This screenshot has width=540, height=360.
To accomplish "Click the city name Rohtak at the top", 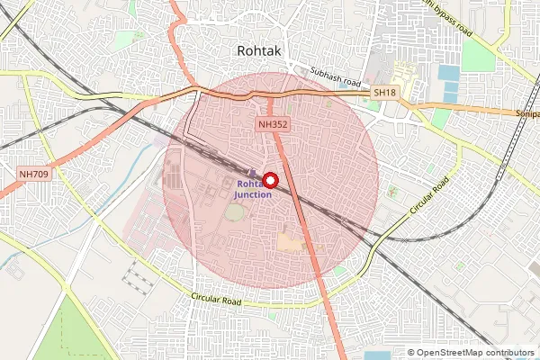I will pos(259,51).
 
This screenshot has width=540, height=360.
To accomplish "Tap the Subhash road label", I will pos(335,75).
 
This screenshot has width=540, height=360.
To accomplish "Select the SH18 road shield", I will pos(385,93).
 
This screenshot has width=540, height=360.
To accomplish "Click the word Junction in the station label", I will pos(253,194).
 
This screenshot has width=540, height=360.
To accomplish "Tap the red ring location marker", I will pos(269,179).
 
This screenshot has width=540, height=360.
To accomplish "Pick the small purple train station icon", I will pos(252,172).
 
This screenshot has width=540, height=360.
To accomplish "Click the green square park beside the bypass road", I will pos(478,57).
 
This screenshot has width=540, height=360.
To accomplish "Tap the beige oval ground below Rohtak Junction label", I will pos(234,213).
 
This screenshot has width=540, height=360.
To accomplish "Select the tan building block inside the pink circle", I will pos(291,241).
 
